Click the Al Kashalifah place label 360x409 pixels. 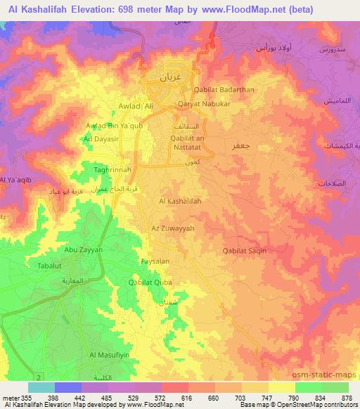pos(181,201)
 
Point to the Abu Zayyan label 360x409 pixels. pos(84,249)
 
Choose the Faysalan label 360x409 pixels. pos(155,260)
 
